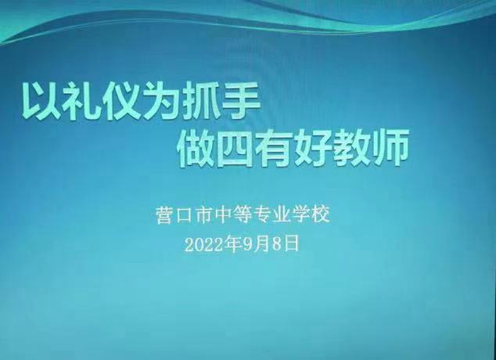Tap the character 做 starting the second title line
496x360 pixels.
click(196, 147)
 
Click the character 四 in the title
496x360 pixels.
click(235, 149)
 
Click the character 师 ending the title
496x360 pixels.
click(390, 147)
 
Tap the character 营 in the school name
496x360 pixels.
click(164, 215)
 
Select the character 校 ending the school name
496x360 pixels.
click(322, 215)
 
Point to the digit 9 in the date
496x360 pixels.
click(248, 245)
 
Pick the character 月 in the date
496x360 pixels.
click(261, 245)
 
